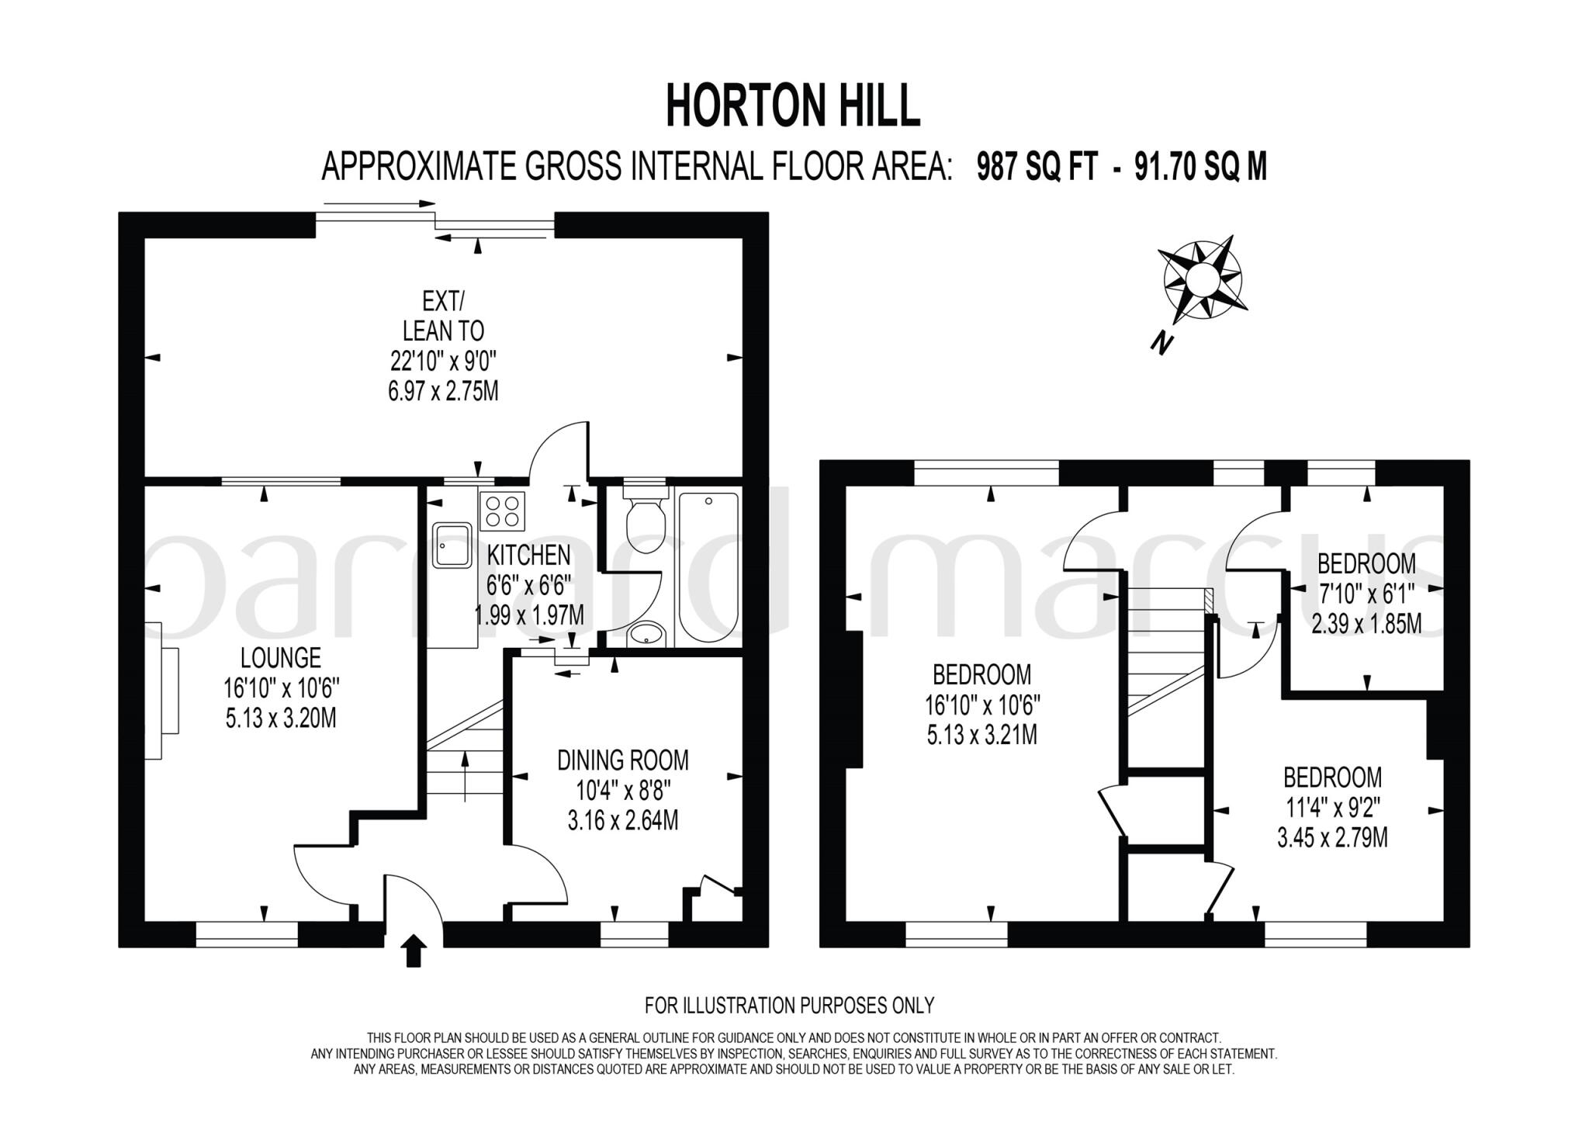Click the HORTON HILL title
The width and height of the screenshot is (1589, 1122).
point(793,106)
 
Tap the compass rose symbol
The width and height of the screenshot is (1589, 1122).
point(1202,279)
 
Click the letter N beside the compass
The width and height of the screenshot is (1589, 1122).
point(1161,341)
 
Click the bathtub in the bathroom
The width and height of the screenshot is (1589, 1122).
point(708,566)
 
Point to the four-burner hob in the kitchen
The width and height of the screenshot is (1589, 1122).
point(502,511)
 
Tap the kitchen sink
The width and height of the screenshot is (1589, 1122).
point(452,545)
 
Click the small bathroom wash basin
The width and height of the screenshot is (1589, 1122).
point(644,634)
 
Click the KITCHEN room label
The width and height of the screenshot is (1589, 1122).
point(528,555)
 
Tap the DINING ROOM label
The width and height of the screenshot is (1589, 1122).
point(623,760)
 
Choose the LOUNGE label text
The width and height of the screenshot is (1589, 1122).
point(281,658)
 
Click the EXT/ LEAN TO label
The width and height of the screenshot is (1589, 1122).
point(443,316)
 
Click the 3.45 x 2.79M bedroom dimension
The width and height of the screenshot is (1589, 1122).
point(1332,838)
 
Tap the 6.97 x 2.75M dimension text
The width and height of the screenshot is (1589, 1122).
point(443,390)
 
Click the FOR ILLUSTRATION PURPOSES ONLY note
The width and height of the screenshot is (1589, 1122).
point(789,1006)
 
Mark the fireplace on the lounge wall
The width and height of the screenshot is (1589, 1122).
point(161,690)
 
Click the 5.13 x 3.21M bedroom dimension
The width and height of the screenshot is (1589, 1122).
point(981,734)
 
